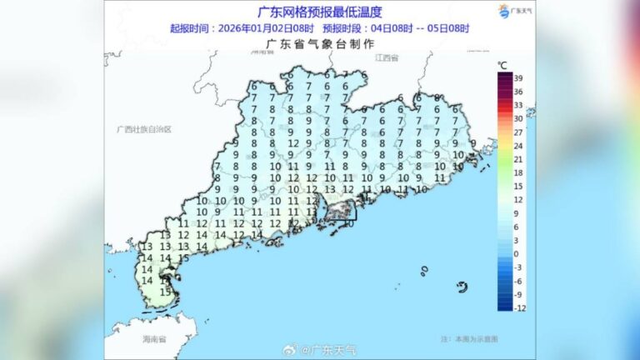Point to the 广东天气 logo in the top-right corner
pyautogui.click(x=514, y=12)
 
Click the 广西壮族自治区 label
pyautogui.click(x=143, y=129)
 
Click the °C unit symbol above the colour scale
pyautogui.click(x=502, y=65)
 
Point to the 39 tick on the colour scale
pyautogui.click(x=518, y=77)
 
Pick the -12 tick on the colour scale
pyautogui.click(x=518, y=307)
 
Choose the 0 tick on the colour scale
pyautogui.click(x=517, y=253)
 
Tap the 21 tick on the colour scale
pyautogui.click(x=518, y=158)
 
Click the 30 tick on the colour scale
pyautogui.click(x=518, y=118)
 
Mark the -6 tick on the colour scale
pyautogui.click(x=518, y=281)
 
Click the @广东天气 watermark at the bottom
pyautogui.click(x=328, y=350)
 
